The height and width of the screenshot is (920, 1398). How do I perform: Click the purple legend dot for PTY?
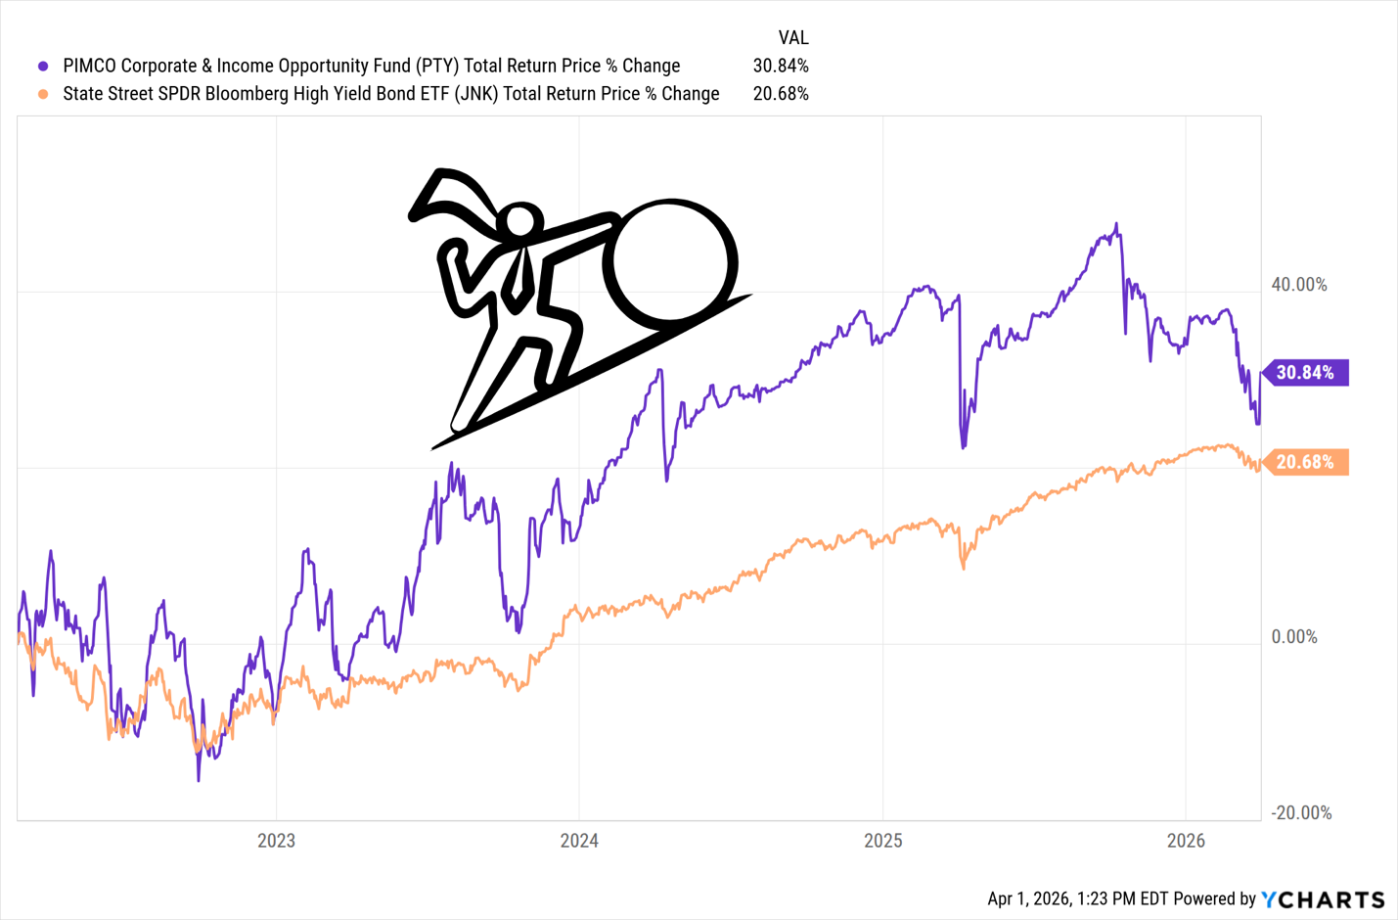click(x=43, y=67)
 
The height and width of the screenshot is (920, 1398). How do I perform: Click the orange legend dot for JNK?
click(x=43, y=95)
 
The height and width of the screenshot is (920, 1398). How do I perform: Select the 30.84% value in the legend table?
click(x=780, y=67)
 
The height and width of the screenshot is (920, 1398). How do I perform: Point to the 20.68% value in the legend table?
click(x=780, y=95)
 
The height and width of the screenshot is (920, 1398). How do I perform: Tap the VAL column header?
click(x=792, y=38)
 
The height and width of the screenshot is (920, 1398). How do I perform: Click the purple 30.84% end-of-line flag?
click(x=1305, y=373)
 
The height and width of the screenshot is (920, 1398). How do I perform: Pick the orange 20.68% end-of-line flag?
click(x=1305, y=462)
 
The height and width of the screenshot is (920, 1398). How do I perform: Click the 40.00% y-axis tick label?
click(x=1299, y=285)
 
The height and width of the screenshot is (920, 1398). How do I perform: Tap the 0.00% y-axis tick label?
click(x=1294, y=637)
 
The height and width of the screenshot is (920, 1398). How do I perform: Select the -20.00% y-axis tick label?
click(x=1301, y=813)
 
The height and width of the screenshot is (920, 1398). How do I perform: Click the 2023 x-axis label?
click(x=276, y=841)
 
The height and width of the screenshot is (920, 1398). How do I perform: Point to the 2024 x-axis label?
click(x=579, y=841)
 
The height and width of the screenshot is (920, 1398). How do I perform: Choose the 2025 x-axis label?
click(x=882, y=841)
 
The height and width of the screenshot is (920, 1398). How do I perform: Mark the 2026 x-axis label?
click(x=1185, y=841)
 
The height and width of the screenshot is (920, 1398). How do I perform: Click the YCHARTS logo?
click(x=1323, y=899)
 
